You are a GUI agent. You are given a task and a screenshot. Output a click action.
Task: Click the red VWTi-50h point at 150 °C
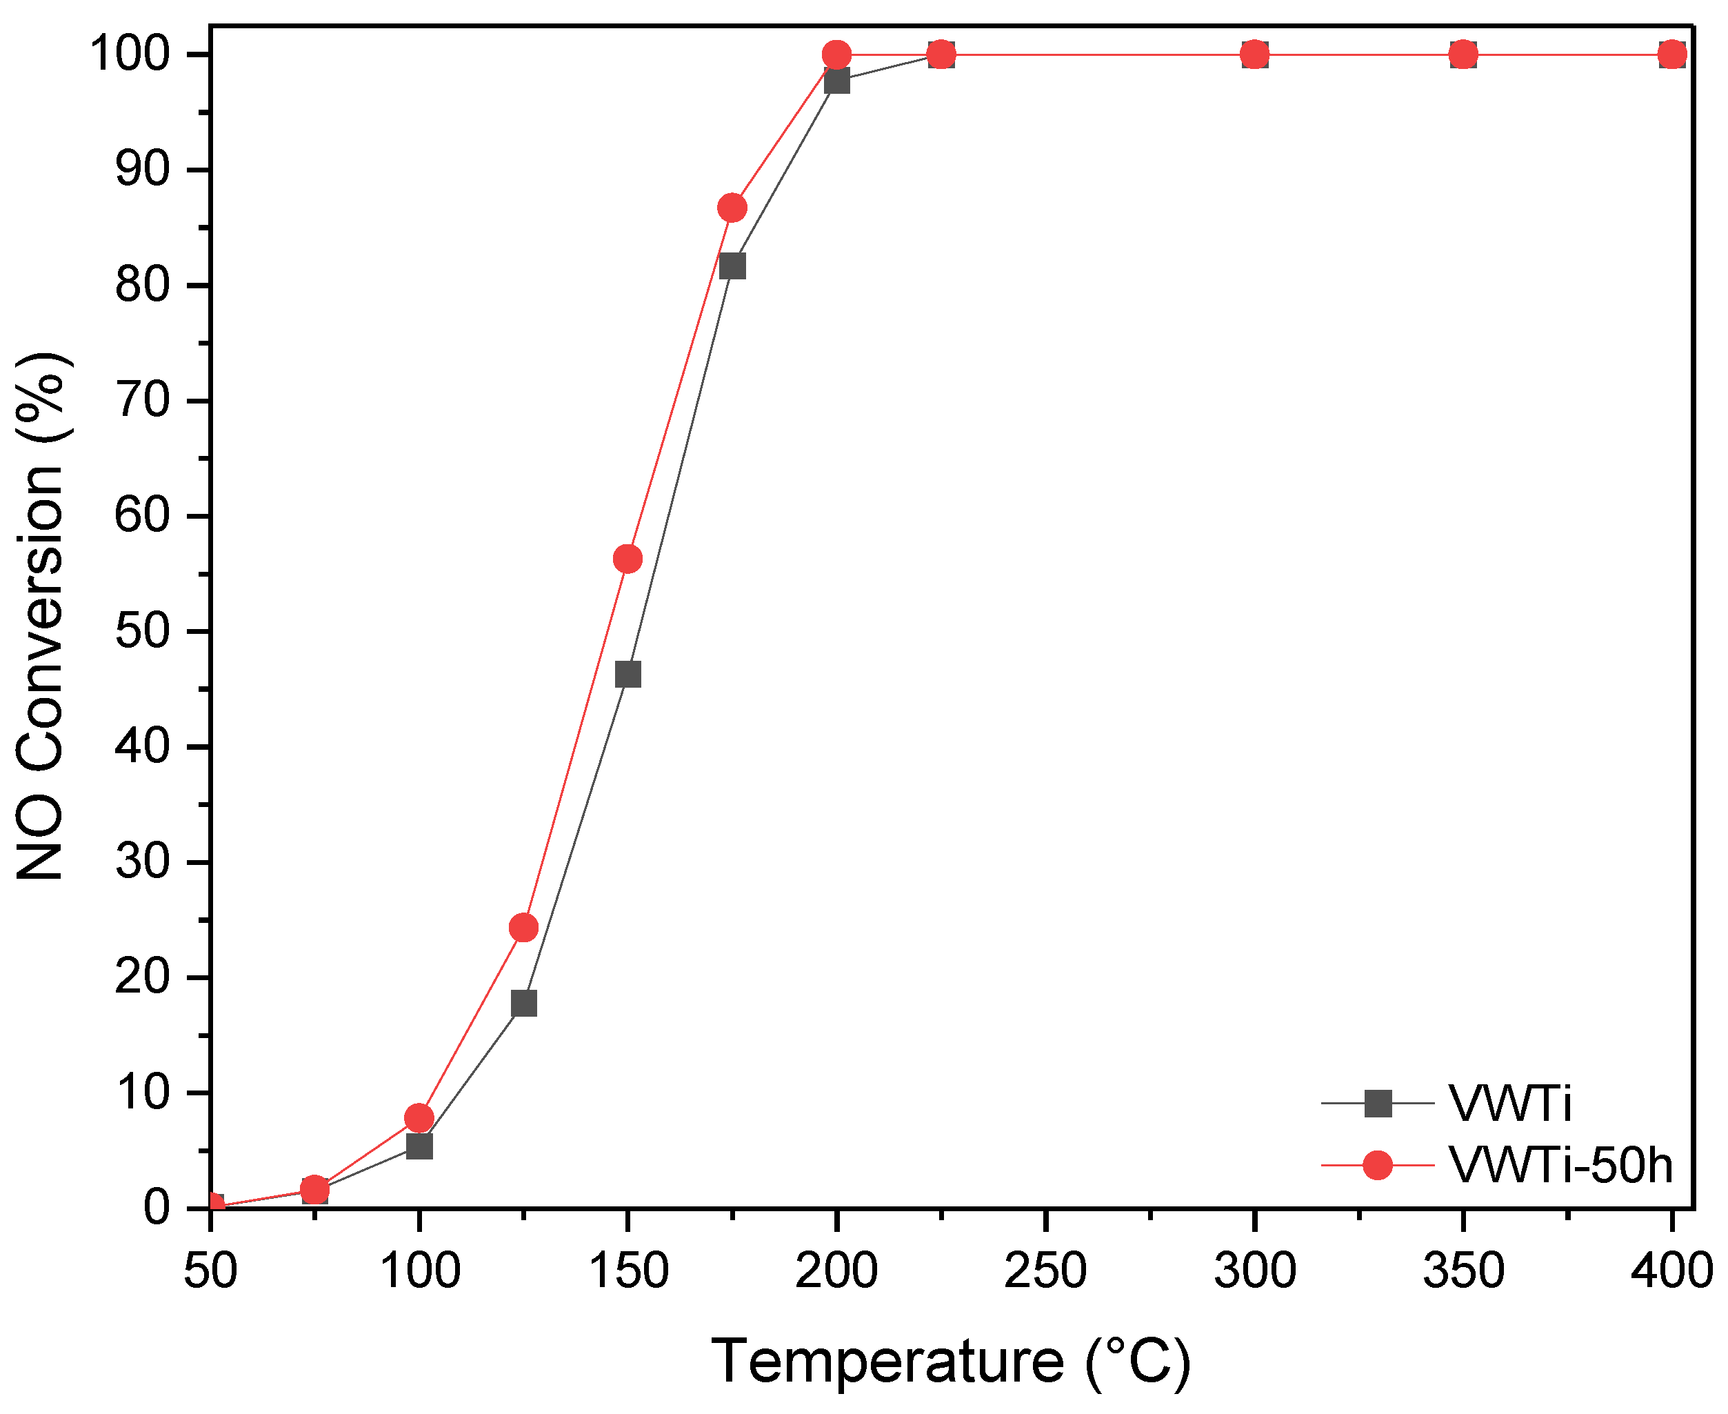click(x=627, y=559)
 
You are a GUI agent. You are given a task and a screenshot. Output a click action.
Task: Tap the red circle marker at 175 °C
click(x=732, y=208)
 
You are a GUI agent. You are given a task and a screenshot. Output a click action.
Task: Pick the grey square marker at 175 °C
click(x=732, y=266)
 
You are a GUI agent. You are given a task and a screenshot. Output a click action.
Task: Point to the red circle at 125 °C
click(x=523, y=927)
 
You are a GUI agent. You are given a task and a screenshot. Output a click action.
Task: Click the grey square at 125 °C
click(x=523, y=1004)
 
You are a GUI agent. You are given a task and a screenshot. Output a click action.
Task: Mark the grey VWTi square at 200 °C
click(x=836, y=81)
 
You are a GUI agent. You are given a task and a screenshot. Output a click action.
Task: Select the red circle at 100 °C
click(x=419, y=1117)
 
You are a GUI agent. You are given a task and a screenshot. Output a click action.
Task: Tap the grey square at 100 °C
click(x=419, y=1147)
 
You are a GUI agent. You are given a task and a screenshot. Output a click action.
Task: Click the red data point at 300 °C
click(x=1255, y=54)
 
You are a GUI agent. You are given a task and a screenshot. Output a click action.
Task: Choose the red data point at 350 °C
click(x=1463, y=54)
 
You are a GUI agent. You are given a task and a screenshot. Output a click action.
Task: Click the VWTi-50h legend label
click(x=1560, y=1166)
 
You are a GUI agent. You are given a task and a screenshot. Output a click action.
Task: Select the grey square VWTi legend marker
click(x=1378, y=1104)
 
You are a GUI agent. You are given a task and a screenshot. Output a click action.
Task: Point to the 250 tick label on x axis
click(x=1045, y=1270)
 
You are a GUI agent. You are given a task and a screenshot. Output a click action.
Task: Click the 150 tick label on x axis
click(x=627, y=1270)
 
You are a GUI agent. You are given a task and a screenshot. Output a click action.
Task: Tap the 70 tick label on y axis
click(x=143, y=401)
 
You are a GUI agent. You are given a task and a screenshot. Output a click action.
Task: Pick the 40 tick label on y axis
click(x=143, y=746)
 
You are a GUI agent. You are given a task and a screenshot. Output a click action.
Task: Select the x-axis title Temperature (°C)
click(x=951, y=1361)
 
